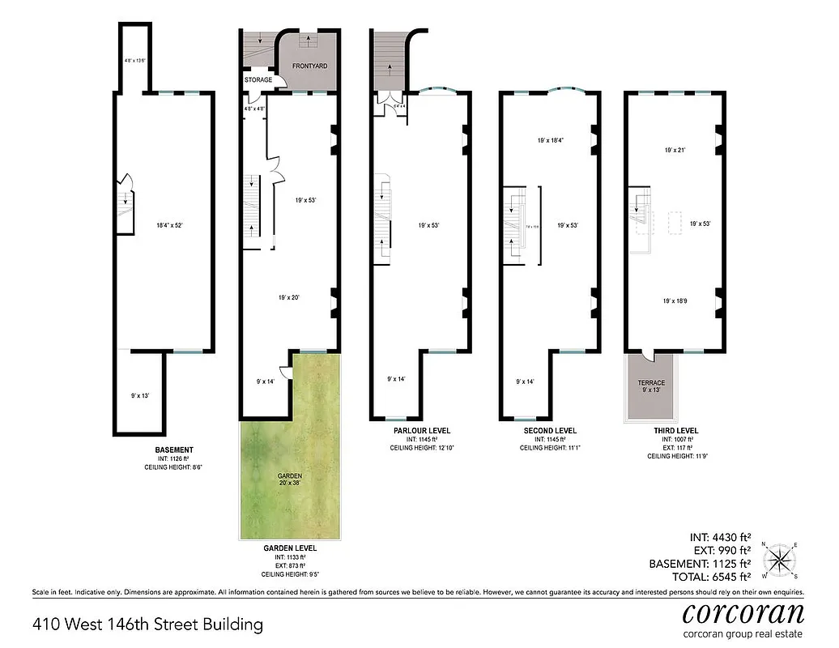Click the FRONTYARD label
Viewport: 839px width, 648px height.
click(x=309, y=66)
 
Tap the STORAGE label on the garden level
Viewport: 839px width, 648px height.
click(x=258, y=79)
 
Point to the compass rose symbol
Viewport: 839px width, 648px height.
click(x=782, y=559)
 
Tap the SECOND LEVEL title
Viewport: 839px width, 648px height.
click(x=550, y=430)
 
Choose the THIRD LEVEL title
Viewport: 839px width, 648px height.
click(x=675, y=430)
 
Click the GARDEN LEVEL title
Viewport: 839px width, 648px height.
click(x=290, y=548)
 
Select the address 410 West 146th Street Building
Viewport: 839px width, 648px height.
click(x=148, y=625)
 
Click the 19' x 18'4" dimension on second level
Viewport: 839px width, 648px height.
click(x=550, y=140)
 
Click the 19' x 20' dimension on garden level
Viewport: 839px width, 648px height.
click(x=289, y=298)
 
